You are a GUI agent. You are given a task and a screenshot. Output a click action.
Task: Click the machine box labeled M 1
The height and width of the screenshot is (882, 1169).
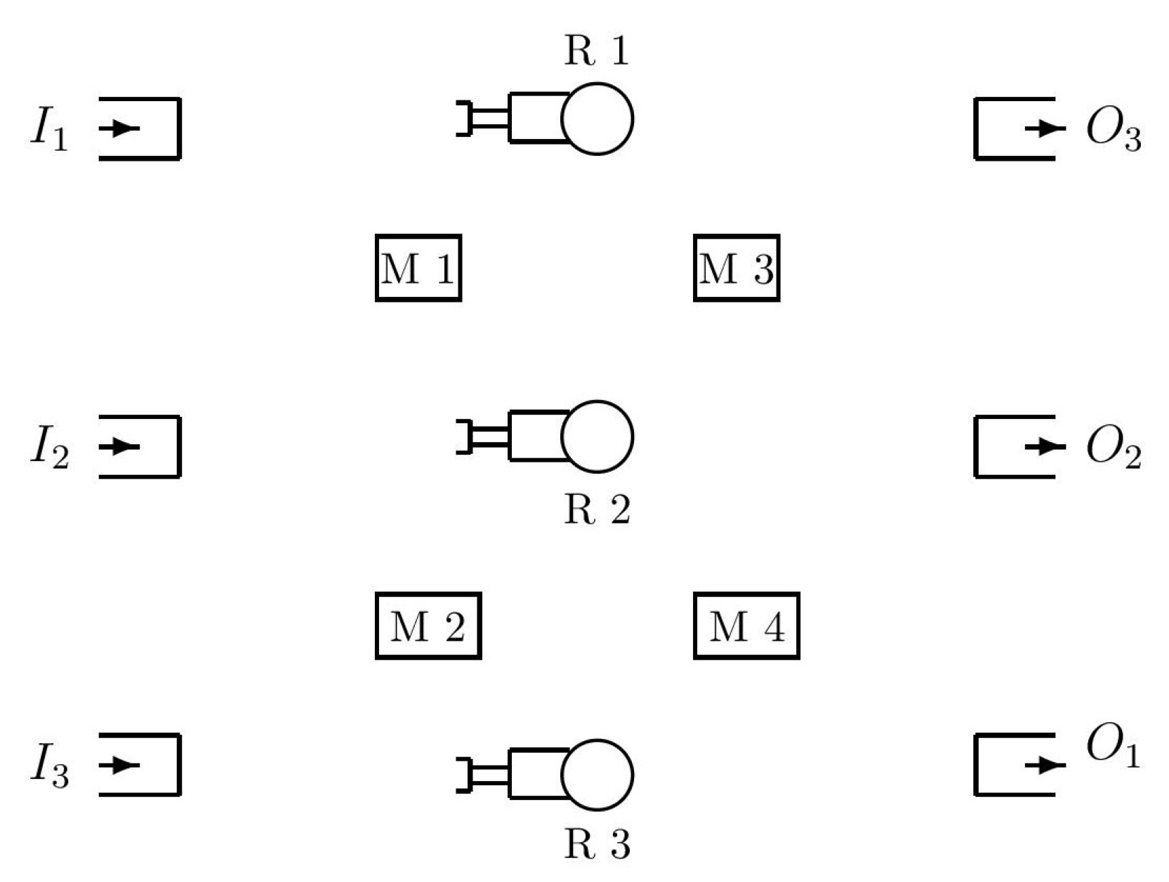[x=418, y=268]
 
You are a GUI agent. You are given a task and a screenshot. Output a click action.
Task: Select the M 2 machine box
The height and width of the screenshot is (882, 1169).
[x=428, y=626]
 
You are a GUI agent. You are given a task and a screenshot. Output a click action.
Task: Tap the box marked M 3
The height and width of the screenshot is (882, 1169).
[x=737, y=268]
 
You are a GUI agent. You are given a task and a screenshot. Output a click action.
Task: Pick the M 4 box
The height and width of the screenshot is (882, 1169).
[x=746, y=626]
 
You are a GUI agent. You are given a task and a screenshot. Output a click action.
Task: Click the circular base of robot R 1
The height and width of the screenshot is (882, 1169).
[x=597, y=119]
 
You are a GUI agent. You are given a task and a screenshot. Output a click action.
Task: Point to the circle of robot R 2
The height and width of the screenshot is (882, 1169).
[x=597, y=436]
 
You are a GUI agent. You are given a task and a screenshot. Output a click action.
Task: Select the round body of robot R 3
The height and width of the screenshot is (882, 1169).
[x=597, y=775]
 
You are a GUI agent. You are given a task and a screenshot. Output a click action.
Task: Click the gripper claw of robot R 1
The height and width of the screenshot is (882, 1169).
[x=464, y=119]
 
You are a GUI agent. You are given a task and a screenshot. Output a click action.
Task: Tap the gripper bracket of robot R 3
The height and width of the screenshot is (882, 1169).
[x=464, y=775]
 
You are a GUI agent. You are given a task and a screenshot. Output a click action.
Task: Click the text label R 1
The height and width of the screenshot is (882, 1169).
[x=596, y=51]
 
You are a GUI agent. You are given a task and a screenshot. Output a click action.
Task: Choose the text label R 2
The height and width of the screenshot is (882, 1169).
[x=597, y=509]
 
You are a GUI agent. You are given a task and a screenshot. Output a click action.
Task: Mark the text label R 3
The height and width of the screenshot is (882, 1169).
[x=597, y=845]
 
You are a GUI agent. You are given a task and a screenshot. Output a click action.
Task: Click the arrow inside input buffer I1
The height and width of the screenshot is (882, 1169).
[x=121, y=128]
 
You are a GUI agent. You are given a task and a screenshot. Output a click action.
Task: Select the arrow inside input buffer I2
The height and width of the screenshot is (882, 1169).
[x=121, y=446]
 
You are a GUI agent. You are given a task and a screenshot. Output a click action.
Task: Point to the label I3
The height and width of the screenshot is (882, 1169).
[x=50, y=766]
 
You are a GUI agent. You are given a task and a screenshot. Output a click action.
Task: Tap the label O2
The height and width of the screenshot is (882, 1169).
[x=1114, y=448]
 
